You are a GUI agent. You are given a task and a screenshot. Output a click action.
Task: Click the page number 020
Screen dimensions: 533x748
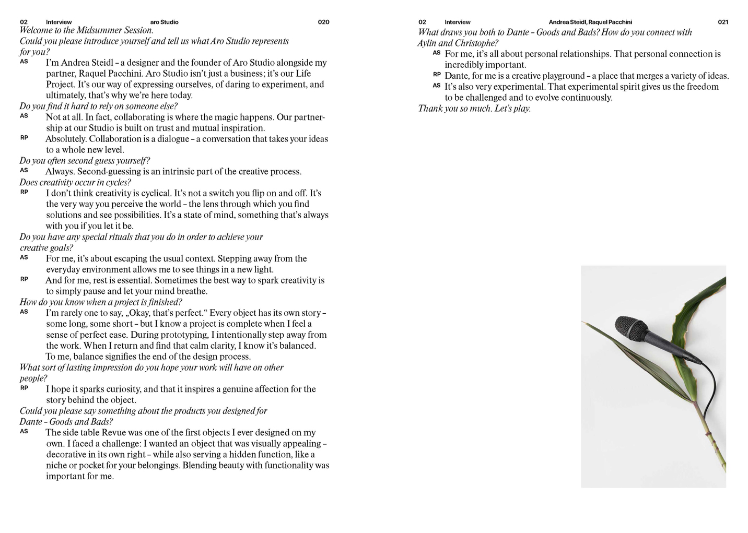point(323,22)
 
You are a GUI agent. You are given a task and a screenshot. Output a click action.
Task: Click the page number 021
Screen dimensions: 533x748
point(722,22)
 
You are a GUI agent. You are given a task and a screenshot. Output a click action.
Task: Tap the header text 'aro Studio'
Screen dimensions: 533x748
point(164,22)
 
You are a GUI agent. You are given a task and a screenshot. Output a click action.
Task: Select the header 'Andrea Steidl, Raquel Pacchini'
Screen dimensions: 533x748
point(590,22)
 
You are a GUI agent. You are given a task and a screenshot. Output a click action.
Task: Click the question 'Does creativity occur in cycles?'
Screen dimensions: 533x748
point(75,182)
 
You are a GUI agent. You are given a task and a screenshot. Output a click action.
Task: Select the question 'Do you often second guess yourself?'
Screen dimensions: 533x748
point(85,161)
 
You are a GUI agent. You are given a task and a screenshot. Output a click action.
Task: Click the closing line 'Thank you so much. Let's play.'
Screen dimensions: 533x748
point(474,109)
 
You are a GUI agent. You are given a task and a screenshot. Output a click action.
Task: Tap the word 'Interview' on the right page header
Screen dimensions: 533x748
point(457,22)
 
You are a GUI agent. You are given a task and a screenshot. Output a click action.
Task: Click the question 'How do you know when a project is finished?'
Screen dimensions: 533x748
point(101,302)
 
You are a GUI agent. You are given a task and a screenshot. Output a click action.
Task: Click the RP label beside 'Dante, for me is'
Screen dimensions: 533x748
point(437,75)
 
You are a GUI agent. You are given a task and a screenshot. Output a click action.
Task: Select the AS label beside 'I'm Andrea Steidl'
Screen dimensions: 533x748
point(24,62)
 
